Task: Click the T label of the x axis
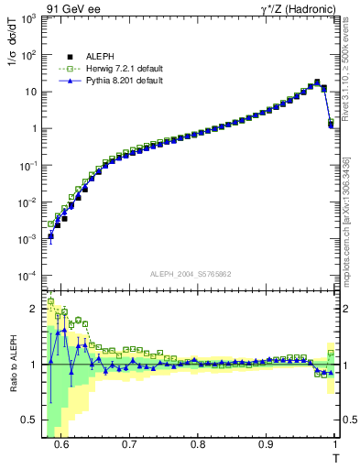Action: [x=335, y=458]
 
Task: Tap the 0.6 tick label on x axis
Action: [x=61, y=444]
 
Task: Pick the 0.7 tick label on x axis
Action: [x=129, y=444]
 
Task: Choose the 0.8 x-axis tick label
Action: [x=198, y=444]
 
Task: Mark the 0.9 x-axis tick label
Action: [x=266, y=444]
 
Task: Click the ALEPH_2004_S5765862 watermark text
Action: [x=191, y=274]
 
